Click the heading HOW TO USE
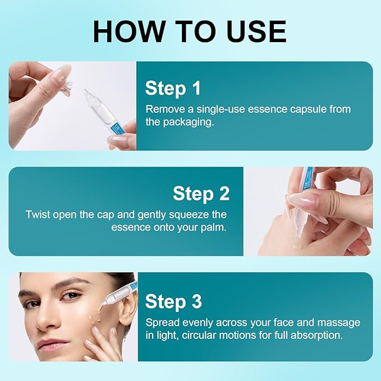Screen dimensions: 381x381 coord(190,31)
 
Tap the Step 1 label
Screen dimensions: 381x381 coord(173,88)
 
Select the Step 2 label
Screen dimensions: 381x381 coord(201,194)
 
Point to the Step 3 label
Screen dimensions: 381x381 coord(173,301)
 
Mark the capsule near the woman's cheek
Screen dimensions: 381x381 coord(120,293)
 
